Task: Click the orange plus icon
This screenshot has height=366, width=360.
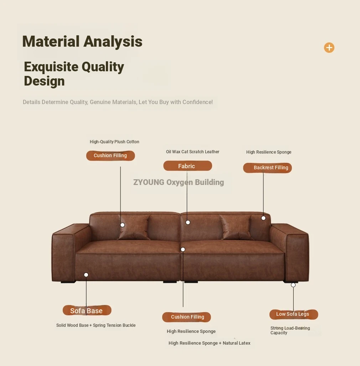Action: [329, 48]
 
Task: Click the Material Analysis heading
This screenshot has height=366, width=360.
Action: [82, 42]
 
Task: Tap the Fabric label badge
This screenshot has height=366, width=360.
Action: [188, 166]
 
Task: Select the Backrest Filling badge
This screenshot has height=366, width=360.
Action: [267, 167]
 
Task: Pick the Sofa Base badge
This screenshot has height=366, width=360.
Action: [87, 310]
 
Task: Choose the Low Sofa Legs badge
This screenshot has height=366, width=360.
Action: [294, 314]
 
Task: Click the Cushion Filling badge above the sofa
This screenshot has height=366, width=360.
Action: [110, 155]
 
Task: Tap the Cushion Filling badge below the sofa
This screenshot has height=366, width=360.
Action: [186, 317]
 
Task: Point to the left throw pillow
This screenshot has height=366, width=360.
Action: [134, 227]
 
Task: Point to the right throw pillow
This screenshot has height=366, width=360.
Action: [236, 227]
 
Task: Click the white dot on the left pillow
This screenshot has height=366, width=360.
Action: [122, 225]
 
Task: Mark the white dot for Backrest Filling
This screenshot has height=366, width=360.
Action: [263, 218]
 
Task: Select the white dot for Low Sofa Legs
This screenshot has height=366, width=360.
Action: [293, 285]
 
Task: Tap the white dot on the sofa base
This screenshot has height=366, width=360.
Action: [86, 275]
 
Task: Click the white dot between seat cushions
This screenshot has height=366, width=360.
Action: [183, 249]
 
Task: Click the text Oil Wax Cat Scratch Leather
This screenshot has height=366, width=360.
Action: [192, 152]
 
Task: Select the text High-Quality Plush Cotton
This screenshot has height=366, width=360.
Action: [114, 142]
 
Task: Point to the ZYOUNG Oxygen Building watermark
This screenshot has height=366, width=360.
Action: [179, 182]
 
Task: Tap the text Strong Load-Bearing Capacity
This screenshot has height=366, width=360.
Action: [290, 330]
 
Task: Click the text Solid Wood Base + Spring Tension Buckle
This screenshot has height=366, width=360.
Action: [96, 325]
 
